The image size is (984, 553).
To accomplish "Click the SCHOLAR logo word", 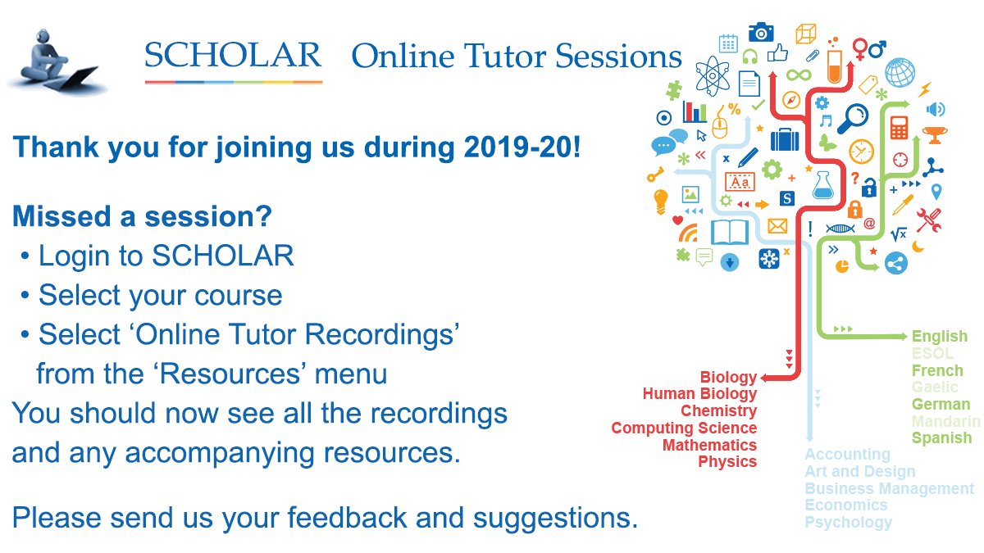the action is pyautogui.click(x=233, y=55).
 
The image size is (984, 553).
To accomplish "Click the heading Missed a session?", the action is pyautogui.click(x=143, y=217).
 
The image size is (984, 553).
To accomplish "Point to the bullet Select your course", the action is pyautogui.click(x=160, y=295).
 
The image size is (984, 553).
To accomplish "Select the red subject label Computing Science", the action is pyautogui.click(x=684, y=428).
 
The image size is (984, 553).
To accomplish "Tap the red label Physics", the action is pyautogui.click(x=727, y=462).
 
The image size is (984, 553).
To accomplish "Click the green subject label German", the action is pyautogui.click(x=941, y=404).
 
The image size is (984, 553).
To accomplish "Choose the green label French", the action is pyautogui.click(x=937, y=370).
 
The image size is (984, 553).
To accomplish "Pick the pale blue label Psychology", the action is pyautogui.click(x=848, y=523).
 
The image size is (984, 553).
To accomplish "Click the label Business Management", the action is pyautogui.click(x=889, y=488).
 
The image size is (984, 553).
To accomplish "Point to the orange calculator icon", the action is pyautogui.click(x=899, y=128).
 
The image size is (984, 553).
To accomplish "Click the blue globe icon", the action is pyautogui.click(x=900, y=72).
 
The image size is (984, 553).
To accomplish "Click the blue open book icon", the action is pyautogui.click(x=730, y=233).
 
